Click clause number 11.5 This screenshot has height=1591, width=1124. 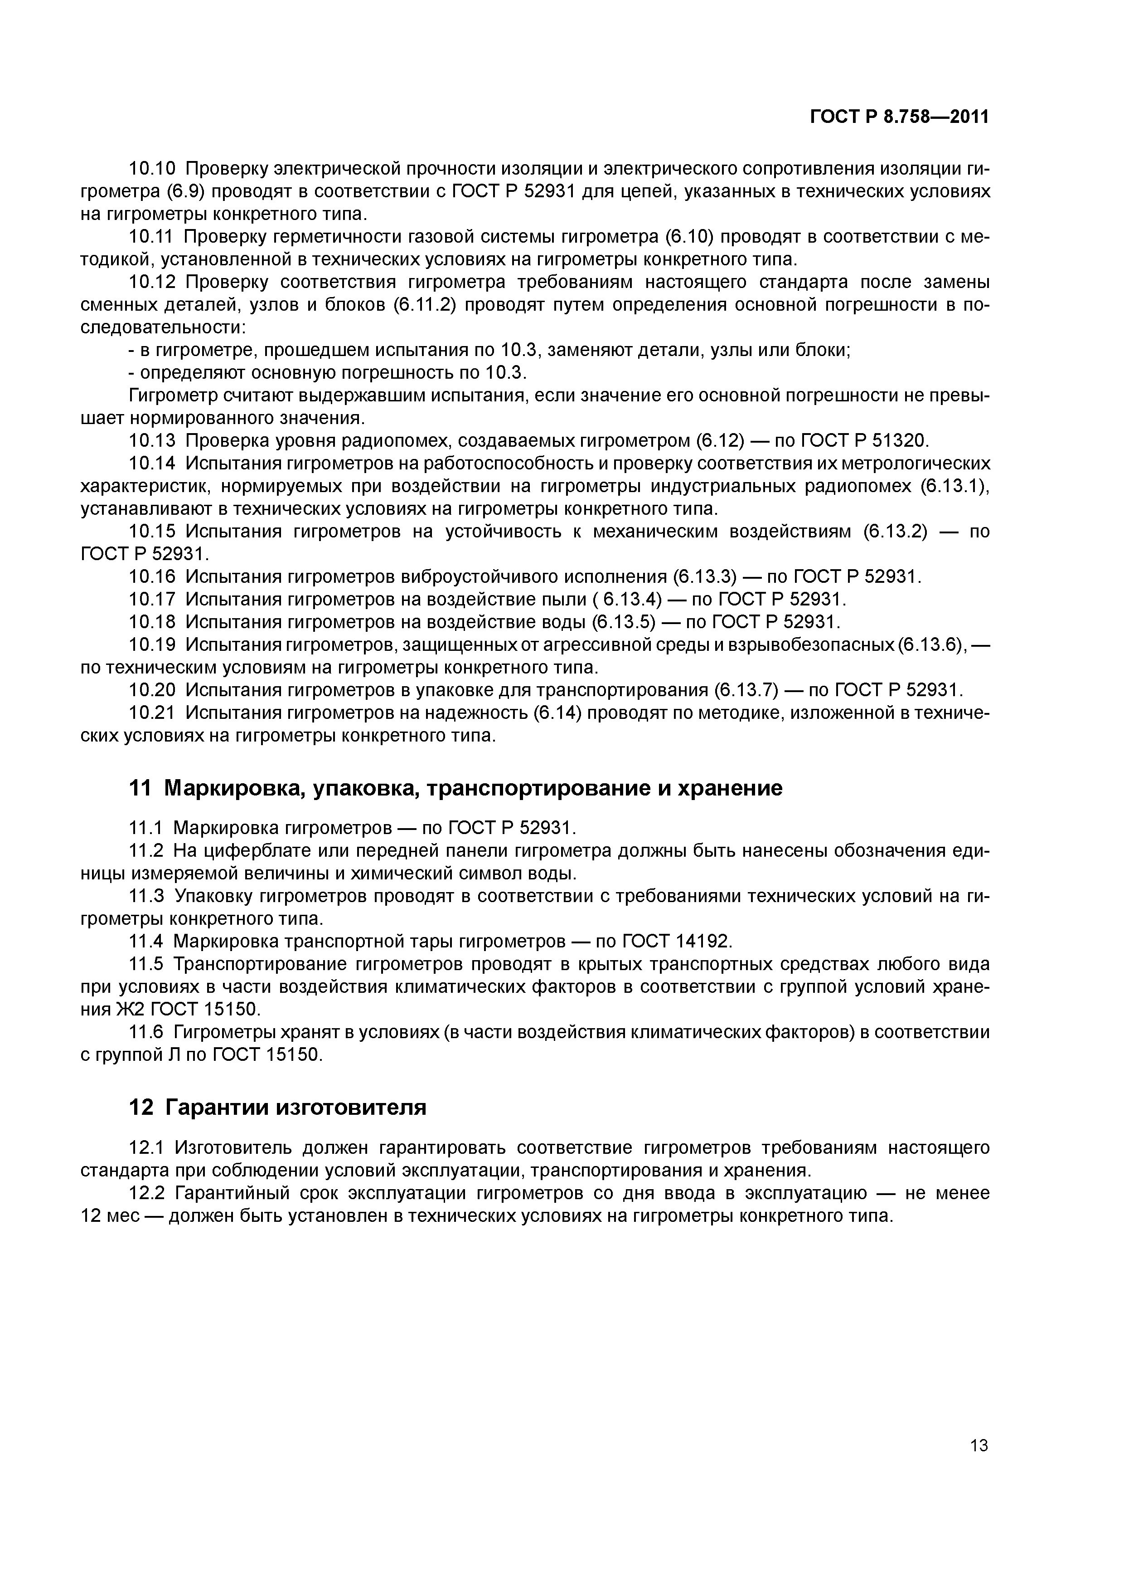click(146, 964)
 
